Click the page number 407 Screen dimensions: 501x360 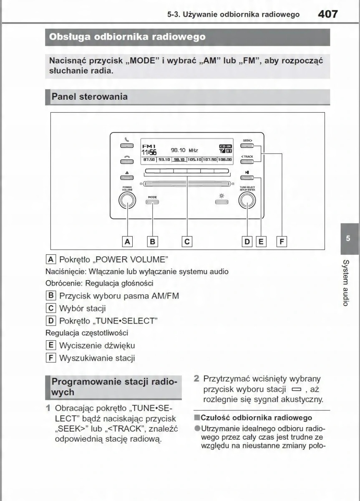327,14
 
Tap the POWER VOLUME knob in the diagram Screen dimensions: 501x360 127,201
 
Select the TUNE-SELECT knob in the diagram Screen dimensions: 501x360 247,201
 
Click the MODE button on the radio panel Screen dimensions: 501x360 152,202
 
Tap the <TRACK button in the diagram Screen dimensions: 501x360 247,163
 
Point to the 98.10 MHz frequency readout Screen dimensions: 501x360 184,150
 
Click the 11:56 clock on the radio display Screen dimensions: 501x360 149,152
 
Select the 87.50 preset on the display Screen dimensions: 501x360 149,159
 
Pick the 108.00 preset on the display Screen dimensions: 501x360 225,159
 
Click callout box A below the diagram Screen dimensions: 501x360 127,241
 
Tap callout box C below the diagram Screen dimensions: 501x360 187,241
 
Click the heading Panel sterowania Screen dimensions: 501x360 89,97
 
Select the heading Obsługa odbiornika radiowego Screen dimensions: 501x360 127,37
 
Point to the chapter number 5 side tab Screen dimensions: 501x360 348,238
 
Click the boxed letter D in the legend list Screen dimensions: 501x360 51,321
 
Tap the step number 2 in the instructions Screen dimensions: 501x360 196,379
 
